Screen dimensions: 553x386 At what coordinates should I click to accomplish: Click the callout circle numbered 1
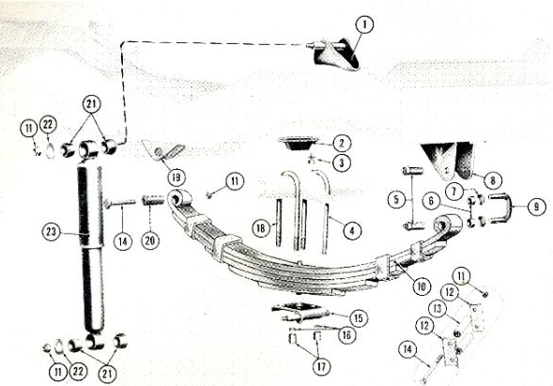(364, 25)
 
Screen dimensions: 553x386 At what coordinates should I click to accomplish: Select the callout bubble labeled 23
(51, 232)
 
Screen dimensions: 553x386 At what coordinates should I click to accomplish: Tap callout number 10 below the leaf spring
(422, 286)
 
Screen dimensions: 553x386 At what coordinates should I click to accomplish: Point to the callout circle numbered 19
(176, 178)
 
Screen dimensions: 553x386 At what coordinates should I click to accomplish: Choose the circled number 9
(536, 206)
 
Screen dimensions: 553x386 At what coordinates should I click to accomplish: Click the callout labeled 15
(358, 318)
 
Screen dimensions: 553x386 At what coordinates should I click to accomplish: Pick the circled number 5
(396, 200)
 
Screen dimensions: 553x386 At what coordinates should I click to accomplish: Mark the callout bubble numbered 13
(438, 309)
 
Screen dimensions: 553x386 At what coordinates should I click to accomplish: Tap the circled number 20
(150, 240)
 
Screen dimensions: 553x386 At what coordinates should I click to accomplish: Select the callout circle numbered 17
(321, 366)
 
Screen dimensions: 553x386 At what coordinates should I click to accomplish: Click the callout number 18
(261, 228)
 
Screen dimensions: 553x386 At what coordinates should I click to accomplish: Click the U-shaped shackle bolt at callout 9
(499, 208)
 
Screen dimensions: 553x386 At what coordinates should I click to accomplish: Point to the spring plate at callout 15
(300, 311)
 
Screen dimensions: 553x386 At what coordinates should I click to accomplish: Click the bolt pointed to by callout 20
(153, 200)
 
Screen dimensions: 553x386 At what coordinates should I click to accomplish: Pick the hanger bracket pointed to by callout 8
(448, 161)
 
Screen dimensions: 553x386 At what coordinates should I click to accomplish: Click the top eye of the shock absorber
(88, 149)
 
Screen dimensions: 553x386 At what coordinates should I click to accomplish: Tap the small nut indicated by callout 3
(311, 159)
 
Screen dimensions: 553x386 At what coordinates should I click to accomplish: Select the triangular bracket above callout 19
(163, 150)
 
